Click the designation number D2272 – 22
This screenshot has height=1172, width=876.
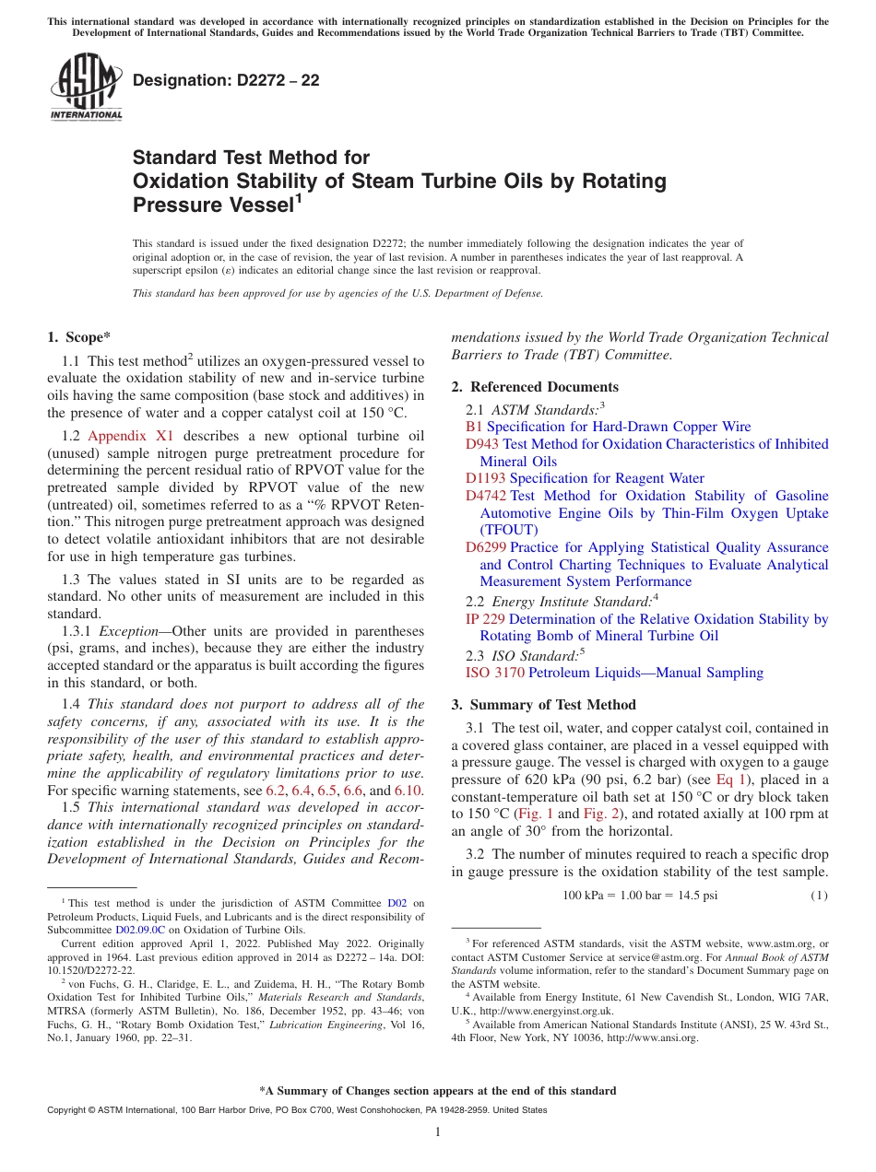[x=226, y=80]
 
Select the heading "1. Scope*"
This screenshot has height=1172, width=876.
[x=79, y=337]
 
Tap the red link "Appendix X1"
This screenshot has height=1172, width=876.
[x=123, y=436]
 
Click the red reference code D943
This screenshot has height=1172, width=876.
[x=482, y=444]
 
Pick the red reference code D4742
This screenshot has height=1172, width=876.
[x=486, y=496]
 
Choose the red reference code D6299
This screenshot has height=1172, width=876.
[x=486, y=547]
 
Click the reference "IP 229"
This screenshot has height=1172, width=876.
[x=485, y=619]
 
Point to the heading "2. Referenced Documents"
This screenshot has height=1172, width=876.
[x=535, y=387]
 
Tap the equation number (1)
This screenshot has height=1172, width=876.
[x=819, y=896]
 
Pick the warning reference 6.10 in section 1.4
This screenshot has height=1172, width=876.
[x=408, y=791]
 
